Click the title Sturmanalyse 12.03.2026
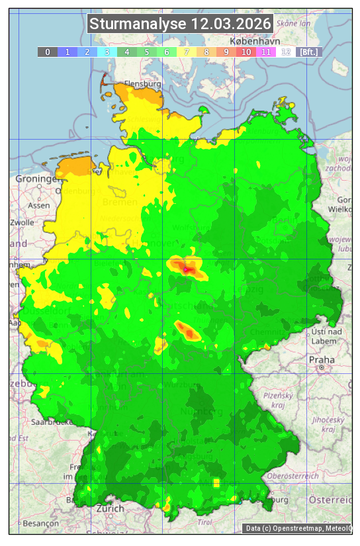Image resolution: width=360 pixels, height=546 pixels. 180,24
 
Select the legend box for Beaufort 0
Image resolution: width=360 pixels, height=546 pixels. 48,52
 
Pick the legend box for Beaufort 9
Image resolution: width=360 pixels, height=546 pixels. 226,52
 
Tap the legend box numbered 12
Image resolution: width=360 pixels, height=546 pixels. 286,52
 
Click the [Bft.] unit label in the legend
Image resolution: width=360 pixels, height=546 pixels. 309,52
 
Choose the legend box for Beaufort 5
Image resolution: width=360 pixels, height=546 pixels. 147,52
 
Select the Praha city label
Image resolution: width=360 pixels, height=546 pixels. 321,360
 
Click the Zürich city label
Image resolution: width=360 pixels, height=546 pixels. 110,508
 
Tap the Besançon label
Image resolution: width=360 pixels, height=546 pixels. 39,523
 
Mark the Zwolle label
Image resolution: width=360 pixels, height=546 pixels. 22,222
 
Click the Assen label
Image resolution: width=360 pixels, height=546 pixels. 38,205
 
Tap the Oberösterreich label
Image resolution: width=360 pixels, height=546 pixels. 293,476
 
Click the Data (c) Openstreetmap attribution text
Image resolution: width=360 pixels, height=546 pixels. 297,528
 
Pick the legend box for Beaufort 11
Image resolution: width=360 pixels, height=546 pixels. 266,52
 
